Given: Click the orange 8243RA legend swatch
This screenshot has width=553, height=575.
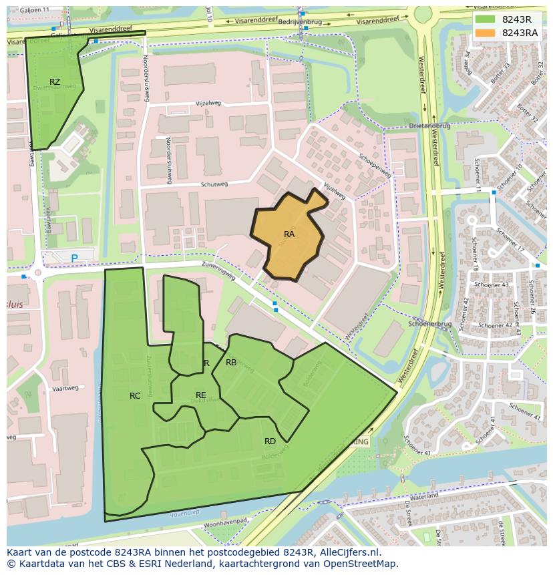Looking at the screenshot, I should pyautogui.click(x=486, y=33).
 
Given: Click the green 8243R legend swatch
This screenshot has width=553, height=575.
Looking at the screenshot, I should pyautogui.click(x=486, y=19).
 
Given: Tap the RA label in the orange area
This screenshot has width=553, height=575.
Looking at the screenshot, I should pyautogui.click(x=289, y=234).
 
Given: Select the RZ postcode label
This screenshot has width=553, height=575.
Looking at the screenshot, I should pyautogui.click(x=55, y=82).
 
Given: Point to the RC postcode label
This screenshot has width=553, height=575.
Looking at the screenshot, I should pyautogui.click(x=135, y=396).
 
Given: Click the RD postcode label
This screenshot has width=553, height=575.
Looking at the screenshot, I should pyautogui.click(x=270, y=441).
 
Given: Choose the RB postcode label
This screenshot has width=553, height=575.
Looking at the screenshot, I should pyautogui.click(x=231, y=363).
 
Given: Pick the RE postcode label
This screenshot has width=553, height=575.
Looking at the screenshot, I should pyautogui.click(x=201, y=395).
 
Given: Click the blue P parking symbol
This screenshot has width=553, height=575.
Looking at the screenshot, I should pyautogui.click(x=74, y=258).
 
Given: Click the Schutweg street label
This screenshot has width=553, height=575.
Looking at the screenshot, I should pyautogui.click(x=214, y=184).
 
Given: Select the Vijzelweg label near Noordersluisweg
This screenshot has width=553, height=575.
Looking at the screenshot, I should pyautogui.click(x=208, y=104).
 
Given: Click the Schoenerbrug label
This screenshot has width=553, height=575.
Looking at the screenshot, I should pyautogui.click(x=434, y=323).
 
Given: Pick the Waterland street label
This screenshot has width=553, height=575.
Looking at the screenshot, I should pyautogui.click(x=424, y=498).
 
